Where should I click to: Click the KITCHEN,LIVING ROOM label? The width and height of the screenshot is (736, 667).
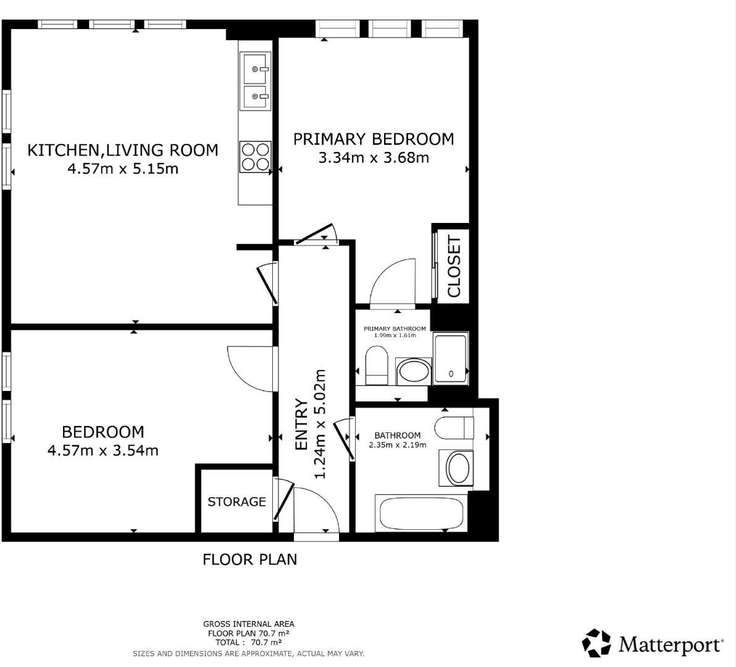tap(123, 150)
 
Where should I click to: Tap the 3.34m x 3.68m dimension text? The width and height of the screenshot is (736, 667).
tap(373, 157)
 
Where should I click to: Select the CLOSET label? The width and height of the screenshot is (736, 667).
tap(454, 267)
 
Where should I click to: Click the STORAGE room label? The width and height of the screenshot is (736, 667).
tap(236, 501)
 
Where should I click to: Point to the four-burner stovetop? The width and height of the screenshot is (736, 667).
tap(256, 156)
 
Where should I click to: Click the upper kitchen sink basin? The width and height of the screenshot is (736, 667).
tap(256, 69)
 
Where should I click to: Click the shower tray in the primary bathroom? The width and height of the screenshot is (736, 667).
tap(451, 358)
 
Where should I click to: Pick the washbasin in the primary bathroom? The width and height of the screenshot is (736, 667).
tap(413, 372)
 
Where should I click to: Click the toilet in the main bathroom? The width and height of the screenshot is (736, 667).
tap(454, 427)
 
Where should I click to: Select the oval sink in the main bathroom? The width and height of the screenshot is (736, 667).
tap(458, 468)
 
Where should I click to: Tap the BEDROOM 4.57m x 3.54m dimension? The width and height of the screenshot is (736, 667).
tap(102, 450)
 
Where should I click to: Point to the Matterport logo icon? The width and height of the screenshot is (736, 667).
tap(596, 643)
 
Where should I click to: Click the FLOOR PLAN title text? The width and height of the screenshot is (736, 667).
tap(249, 560)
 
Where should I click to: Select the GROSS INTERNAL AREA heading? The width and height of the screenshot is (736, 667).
tap(249, 624)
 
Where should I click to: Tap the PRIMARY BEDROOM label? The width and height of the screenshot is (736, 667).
tap(373, 139)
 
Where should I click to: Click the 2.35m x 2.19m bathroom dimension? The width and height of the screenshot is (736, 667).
tap(397, 445)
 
